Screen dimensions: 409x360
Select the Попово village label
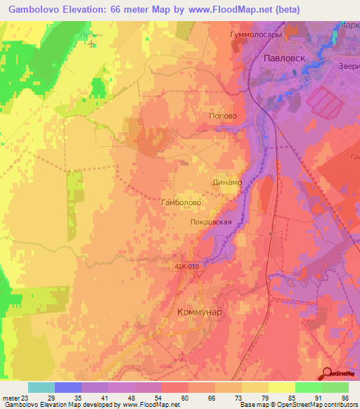[224, 117]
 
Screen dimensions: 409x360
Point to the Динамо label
[226, 182]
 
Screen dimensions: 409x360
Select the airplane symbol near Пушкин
[92, 44]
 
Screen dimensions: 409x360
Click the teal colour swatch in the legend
[41, 387]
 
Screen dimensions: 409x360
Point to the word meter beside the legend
[11, 397]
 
